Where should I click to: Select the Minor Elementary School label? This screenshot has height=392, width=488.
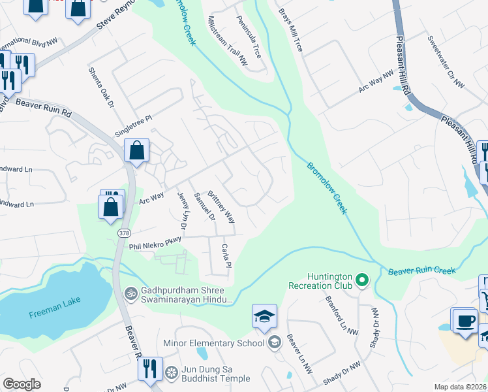214,344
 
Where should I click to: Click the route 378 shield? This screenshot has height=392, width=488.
124,233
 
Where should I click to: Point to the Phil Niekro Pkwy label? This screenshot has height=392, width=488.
154,244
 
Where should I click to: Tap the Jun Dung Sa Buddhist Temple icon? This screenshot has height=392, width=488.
172,372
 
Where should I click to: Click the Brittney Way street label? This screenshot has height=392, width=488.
221,208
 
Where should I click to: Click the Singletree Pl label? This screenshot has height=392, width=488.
132,122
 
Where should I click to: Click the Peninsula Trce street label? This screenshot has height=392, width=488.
249,37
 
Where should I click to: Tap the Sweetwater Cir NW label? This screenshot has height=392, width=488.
446,62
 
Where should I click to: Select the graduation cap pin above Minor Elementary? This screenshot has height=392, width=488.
264,317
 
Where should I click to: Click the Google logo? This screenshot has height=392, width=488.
22,384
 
